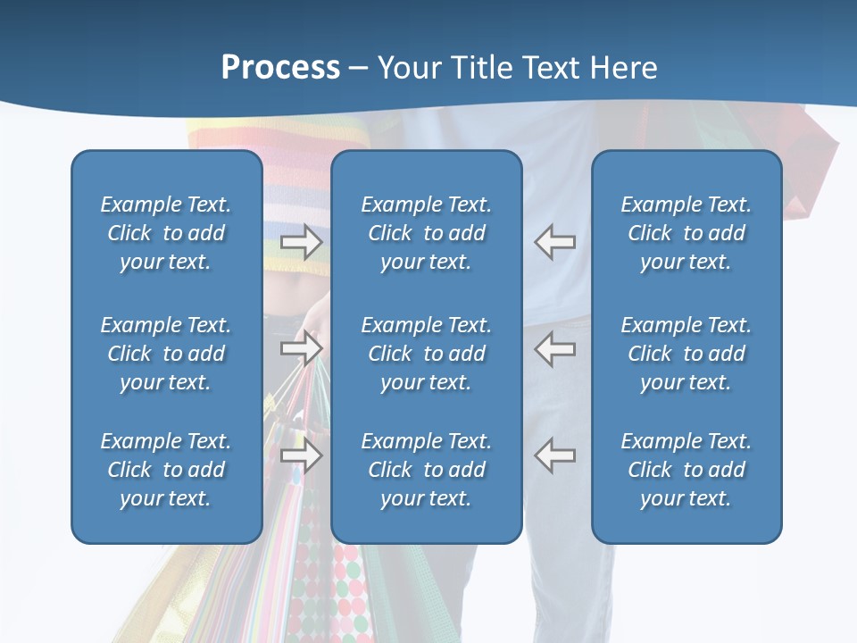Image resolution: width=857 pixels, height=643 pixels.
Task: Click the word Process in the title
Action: click(x=280, y=68)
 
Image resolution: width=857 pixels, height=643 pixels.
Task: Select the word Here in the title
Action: click(x=622, y=68)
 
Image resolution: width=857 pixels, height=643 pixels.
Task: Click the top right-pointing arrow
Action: click(x=302, y=242)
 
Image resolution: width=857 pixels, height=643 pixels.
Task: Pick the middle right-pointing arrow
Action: click(x=302, y=347)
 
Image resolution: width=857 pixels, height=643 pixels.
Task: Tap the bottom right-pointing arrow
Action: click(x=302, y=455)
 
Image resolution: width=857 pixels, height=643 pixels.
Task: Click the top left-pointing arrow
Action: click(x=554, y=242)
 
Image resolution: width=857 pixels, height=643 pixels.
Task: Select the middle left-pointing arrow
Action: click(x=554, y=347)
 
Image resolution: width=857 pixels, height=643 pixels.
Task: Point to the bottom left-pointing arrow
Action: click(x=554, y=455)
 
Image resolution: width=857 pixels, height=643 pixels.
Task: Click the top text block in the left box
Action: click(x=166, y=233)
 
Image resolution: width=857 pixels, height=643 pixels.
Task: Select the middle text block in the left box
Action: click(x=166, y=354)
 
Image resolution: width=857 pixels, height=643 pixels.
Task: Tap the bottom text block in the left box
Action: click(x=166, y=470)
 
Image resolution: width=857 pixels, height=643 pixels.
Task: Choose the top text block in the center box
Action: click(x=426, y=233)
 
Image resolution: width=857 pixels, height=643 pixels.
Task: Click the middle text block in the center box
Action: click(x=426, y=354)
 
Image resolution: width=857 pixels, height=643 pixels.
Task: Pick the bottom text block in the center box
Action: click(x=426, y=470)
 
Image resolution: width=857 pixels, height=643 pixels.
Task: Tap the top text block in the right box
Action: click(x=686, y=233)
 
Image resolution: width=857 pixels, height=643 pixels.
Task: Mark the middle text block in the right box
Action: click(x=686, y=354)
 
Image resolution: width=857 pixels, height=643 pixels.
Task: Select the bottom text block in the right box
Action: click(x=686, y=470)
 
